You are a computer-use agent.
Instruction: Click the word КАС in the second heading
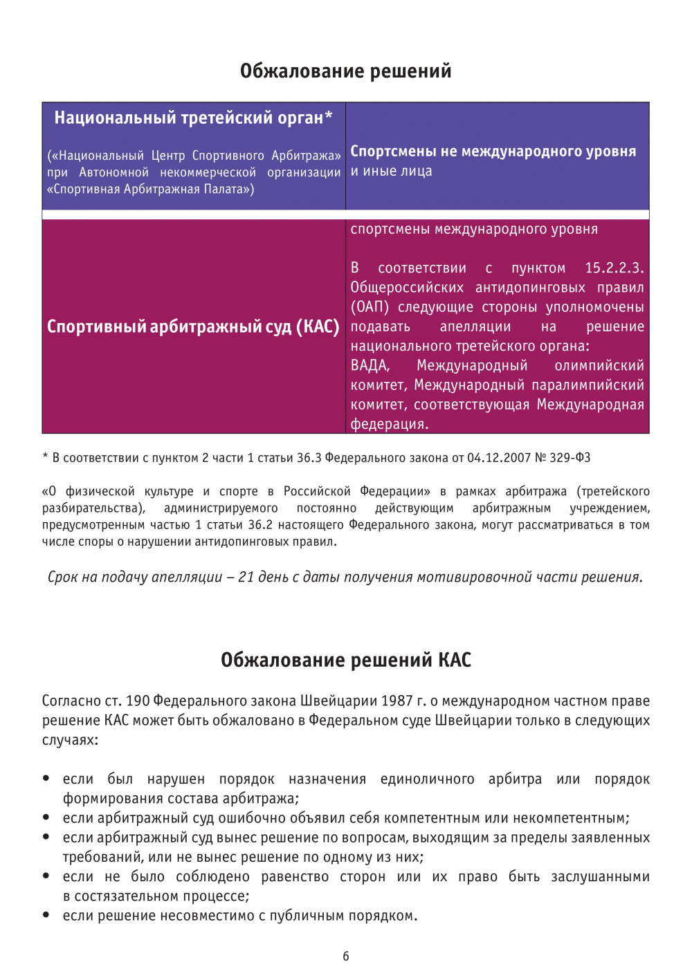point(455,660)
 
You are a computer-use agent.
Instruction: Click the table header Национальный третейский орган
point(188,118)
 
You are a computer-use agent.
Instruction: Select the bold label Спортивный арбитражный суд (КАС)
point(193,326)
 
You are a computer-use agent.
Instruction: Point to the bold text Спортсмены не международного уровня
point(493,151)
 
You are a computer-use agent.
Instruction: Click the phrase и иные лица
point(391,171)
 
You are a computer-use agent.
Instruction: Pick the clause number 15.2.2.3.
point(614,268)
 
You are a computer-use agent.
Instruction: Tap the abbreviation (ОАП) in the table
point(370,306)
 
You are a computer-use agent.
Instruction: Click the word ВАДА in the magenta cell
point(370,365)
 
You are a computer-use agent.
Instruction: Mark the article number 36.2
point(260,525)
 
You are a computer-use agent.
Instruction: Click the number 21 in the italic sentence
point(246,577)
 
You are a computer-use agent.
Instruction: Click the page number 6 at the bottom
point(346,957)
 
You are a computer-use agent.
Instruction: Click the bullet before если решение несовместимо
point(46,915)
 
